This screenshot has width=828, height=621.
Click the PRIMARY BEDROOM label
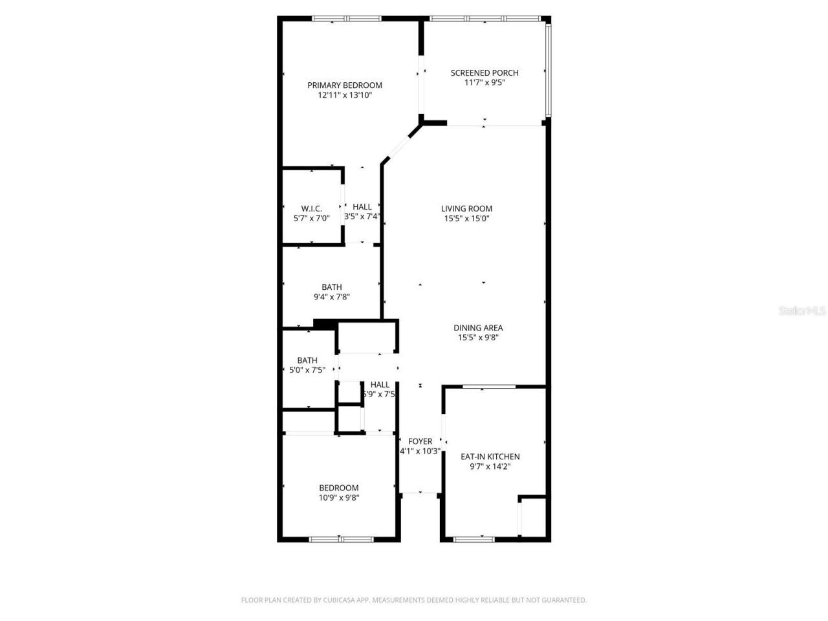click(x=344, y=85)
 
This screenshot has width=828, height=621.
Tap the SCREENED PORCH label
click(x=485, y=72)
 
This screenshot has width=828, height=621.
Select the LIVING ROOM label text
click(x=466, y=208)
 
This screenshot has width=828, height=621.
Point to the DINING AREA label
click(x=478, y=327)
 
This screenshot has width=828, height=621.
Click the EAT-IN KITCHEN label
click(x=490, y=456)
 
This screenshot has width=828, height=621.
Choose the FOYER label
click(x=420, y=441)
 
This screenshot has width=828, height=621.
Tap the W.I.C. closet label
click(x=311, y=208)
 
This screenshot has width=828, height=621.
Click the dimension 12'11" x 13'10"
click(x=345, y=95)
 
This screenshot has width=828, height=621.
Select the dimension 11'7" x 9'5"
click(x=485, y=82)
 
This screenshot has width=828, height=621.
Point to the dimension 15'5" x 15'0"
click(x=466, y=219)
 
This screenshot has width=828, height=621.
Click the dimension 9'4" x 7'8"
click(x=332, y=298)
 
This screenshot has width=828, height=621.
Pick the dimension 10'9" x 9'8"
click(x=338, y=497)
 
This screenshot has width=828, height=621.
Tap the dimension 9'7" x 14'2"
click(x=490, y=466)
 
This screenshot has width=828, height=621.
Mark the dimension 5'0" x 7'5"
click(x=307, y=370)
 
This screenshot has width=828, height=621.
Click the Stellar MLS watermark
click(x=802, y=310)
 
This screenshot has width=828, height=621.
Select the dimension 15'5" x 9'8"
click(x=478, y=337)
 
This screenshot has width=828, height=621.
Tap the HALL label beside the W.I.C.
click(x=362, y=207)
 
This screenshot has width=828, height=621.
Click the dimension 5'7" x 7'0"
click(x=311, y=219)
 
